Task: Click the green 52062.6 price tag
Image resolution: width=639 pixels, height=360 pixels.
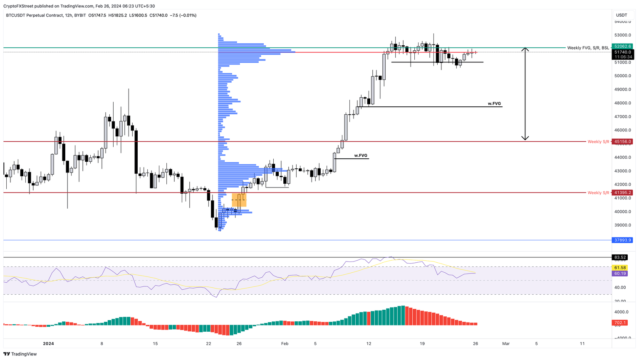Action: (x=622, y=47)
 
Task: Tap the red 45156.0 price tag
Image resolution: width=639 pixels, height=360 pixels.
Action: (x=622, y=142)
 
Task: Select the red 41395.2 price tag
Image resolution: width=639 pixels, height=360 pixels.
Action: (x=622, y=193)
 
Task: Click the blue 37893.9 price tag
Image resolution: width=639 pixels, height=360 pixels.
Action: (x=622, y=240)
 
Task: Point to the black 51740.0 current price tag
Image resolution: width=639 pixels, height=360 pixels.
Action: (x=622, y=52)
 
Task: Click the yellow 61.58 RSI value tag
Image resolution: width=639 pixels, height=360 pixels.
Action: (x=620, y=268)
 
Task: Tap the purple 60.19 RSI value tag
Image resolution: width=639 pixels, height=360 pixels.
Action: (x=620, y=274)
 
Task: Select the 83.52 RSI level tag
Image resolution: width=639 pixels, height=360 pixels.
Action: (x=620, y=257)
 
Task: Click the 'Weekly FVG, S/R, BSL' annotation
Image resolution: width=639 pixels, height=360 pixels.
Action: (x=588, y=48)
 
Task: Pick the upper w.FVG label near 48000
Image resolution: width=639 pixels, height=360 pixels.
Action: (x=495, y=104)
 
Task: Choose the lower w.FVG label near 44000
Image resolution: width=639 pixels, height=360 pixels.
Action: (x=361, y=155)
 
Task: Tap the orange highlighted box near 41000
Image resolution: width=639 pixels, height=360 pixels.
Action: (x=239, y=200)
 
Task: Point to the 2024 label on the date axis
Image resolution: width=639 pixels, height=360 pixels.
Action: (x=49, y=344)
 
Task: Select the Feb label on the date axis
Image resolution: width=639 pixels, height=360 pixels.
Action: (x=285, y=344)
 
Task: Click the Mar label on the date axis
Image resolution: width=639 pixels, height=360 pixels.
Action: (x=506, y=344)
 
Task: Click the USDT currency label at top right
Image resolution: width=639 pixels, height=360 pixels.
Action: (x=622, y=15)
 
